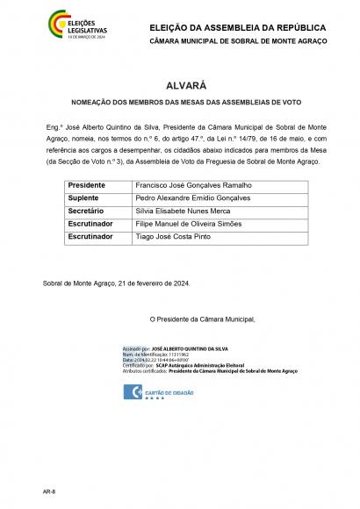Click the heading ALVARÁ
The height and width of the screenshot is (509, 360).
[x=179, y=85]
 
